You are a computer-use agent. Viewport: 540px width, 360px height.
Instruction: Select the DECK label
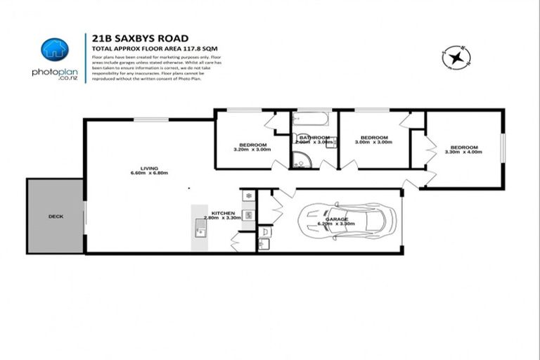pyautogui.click(x=56, y=217)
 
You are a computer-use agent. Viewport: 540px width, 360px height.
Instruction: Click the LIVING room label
pyautogui.click(x=149, y=168)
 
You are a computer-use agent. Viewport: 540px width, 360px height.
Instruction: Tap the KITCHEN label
pyautogui.click(x=223, y=212)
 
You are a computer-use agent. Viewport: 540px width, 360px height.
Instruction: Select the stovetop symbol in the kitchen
pyautogui.click(x=248, y=195)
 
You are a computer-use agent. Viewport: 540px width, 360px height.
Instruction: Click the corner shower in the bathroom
pyautogui.click(x=298, y=161)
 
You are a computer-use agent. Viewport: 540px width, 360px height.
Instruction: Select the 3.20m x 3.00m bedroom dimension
pyautogui.click(x=251, y=149)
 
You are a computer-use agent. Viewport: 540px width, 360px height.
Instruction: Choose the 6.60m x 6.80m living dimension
pyautogui.click(x=149, y=174)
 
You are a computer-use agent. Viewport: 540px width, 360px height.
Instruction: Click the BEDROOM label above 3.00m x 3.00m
pyautogui.click(x=374, y=137)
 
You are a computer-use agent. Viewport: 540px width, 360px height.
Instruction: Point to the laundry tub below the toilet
pyautogui.click(x=265, y=245)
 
